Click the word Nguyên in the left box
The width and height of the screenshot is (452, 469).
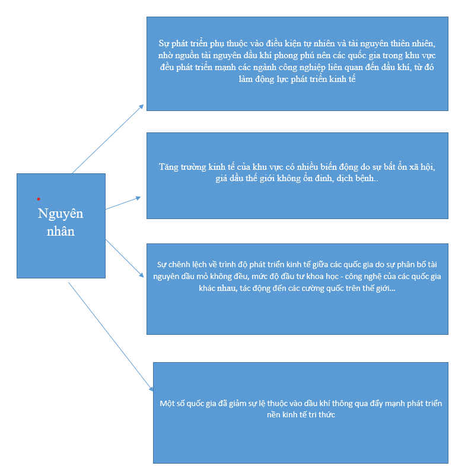pos(61,214)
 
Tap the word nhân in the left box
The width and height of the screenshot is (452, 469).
pos(61,231)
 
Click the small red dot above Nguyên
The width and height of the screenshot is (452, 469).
pos(39,199)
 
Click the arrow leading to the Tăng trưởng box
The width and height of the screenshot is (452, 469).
pos(123,203)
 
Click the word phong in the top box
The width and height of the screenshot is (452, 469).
pos(270,55)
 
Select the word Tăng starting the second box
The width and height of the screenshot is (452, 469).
pos(170,167)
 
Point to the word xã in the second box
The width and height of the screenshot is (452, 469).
pos(404,167)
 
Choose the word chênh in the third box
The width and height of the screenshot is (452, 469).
pos(184,264)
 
